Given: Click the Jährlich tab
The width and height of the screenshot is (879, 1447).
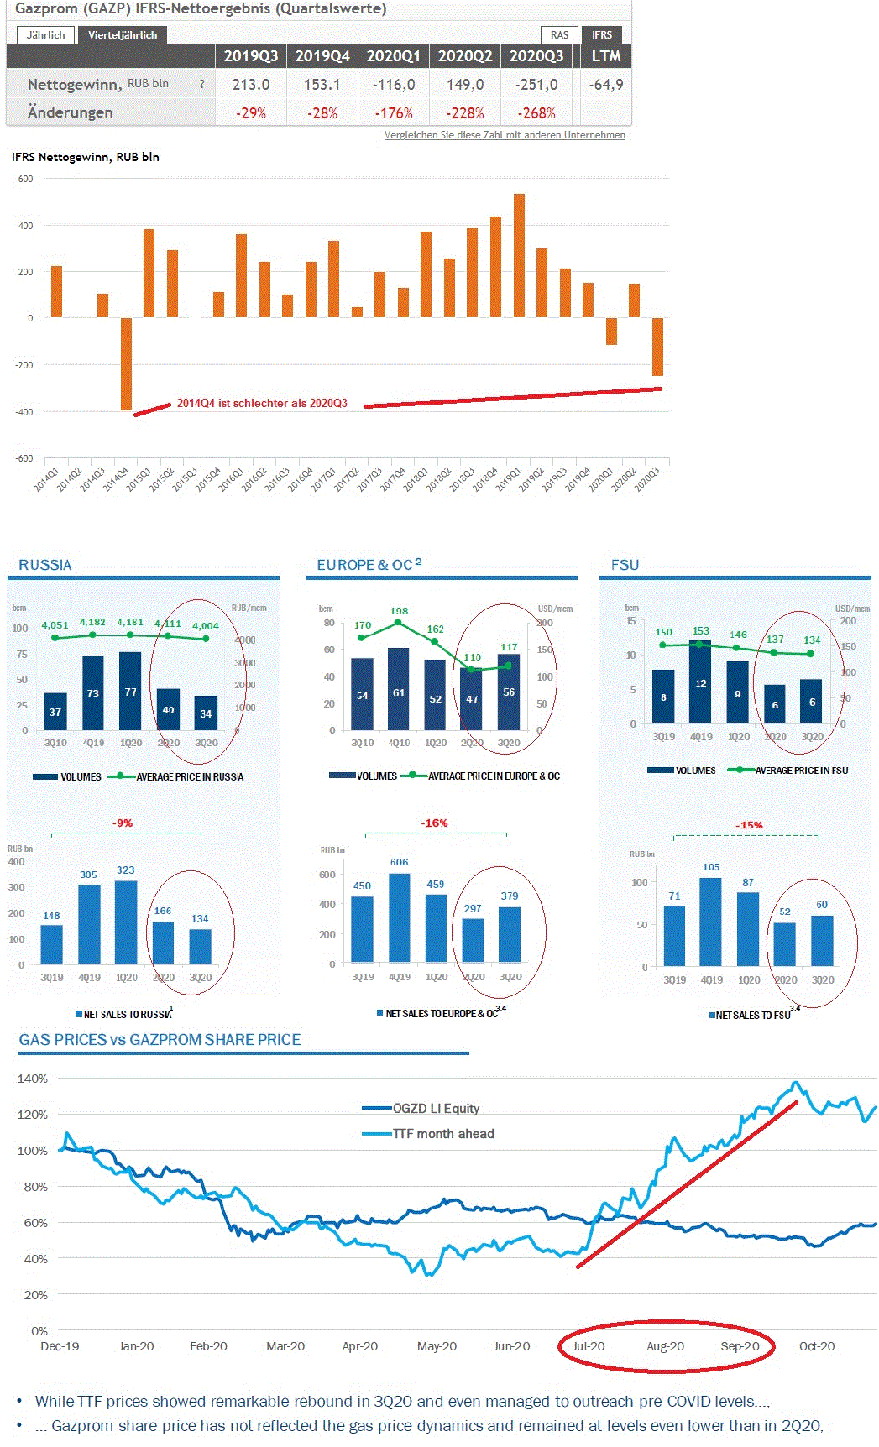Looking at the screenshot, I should [x=45, y=35].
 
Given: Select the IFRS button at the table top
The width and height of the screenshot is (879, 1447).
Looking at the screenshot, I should [x=602, y=35].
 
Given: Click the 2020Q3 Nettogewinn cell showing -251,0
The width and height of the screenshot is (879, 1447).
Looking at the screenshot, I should [x=536, y=85].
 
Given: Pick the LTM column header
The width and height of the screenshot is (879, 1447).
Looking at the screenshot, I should [x=605, y=56].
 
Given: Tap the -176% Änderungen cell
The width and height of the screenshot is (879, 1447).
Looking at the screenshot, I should [x=394, y=113].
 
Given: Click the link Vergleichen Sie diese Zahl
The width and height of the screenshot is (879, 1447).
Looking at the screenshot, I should [x=505, y=135].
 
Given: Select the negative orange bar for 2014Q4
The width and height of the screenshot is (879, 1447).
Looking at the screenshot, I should [x=126, y=363].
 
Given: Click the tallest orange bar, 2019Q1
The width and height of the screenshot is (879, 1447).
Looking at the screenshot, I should [x=519, y=256].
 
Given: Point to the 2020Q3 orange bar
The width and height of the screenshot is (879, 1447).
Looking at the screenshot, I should [x=657, y=347].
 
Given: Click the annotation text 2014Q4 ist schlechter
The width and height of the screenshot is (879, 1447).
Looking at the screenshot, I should [x=262, y=404].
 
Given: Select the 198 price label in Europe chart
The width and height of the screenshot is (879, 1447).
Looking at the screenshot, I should [x=399, y=612].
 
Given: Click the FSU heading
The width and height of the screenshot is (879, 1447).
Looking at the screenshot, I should [x=625, y=565].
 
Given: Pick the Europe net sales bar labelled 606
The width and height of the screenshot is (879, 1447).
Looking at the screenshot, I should [x=399, y=917].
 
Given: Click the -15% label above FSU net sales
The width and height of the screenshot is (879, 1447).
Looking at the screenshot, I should [x=749, y=825].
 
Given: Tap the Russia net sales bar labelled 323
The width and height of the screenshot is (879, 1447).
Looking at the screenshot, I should [x=126, y=922].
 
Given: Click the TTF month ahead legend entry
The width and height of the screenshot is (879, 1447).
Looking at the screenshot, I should [x=443, y=1134].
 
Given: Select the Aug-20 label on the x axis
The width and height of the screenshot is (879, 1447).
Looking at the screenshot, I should [x=665, y=1346].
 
